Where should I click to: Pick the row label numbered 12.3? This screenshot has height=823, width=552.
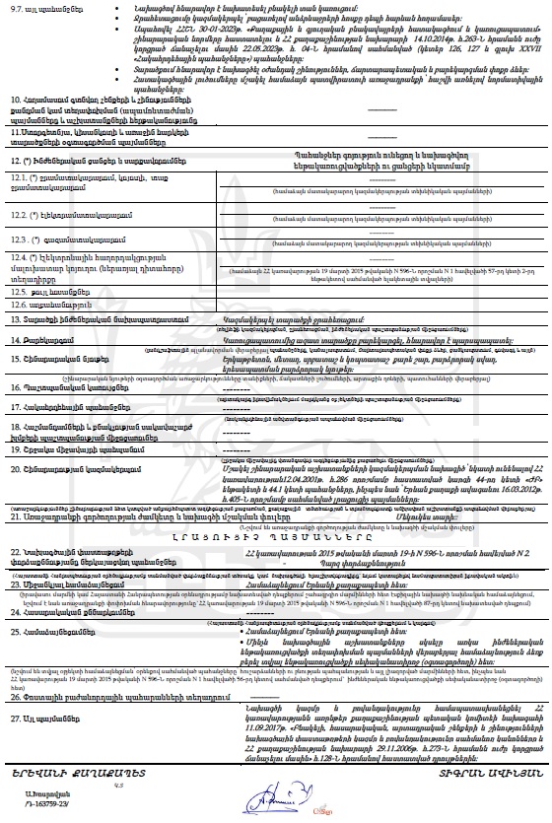click(18, 239)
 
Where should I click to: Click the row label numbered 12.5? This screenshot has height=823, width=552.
click(18, 293)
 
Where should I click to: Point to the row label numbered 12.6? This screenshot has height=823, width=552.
click(18, 305)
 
